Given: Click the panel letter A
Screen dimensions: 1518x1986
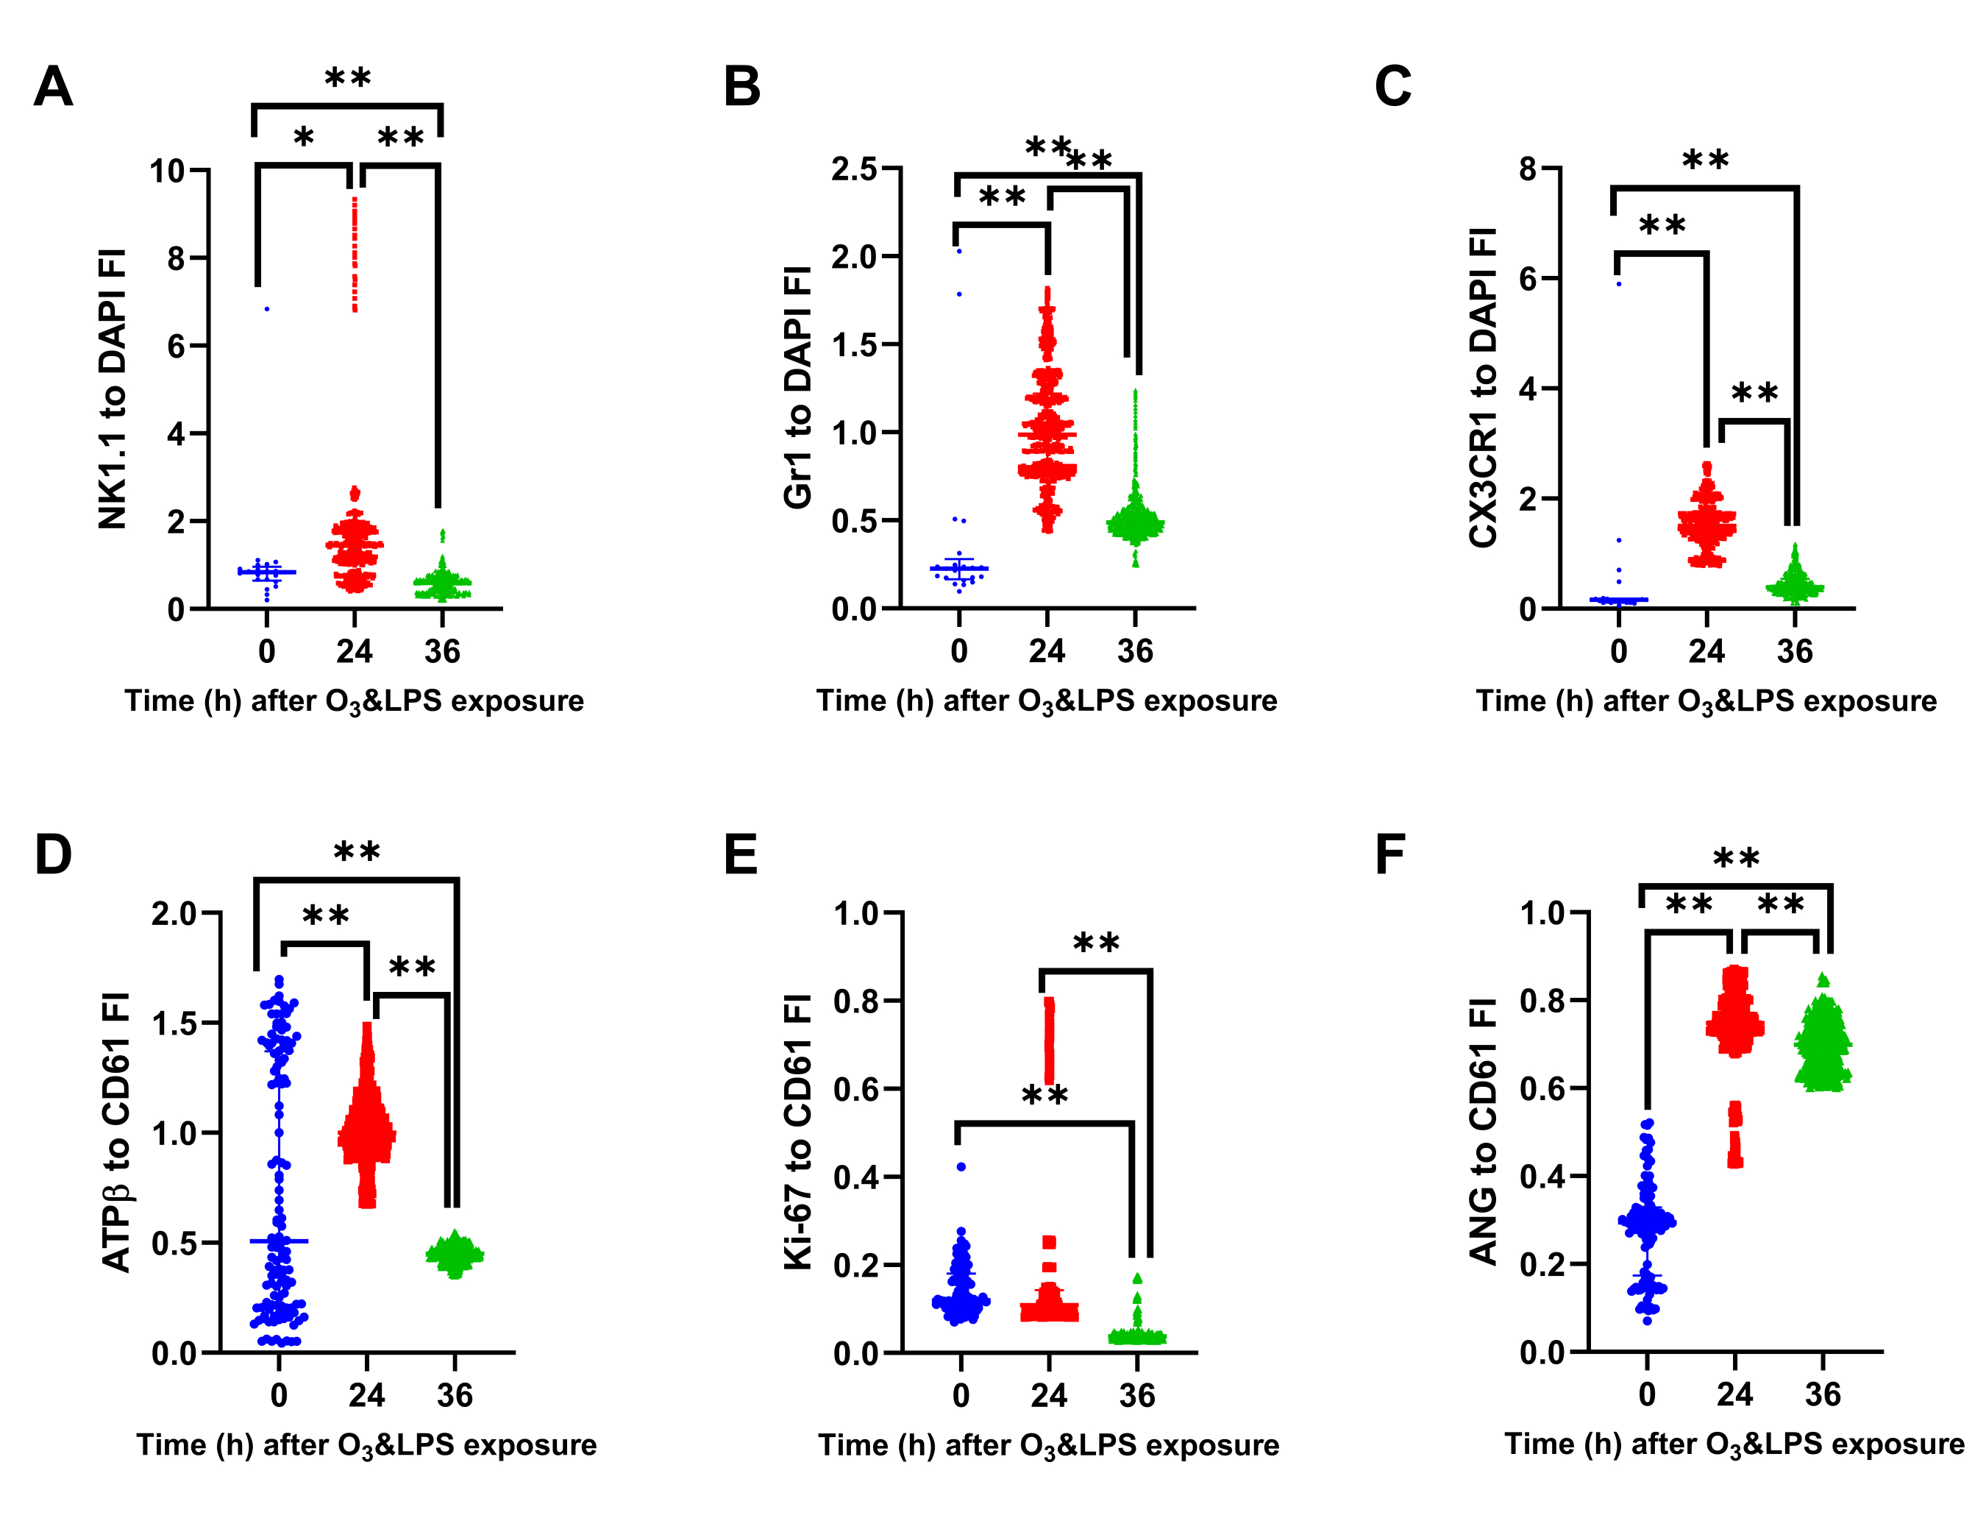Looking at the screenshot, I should pos(52,88).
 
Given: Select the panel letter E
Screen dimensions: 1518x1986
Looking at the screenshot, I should pos(741,855).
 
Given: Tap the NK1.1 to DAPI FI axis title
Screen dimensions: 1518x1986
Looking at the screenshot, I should pos(113,389).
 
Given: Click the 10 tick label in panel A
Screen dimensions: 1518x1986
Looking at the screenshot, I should pos(167,171).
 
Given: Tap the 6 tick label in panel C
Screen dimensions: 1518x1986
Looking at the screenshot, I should pos(1527,278).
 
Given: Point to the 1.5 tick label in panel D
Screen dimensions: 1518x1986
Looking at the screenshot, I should pos(174,1023).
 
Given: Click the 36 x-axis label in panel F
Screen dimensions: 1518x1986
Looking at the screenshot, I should pos(1823,1394).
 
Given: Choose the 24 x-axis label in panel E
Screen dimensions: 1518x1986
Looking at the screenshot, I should pos(1049,1395).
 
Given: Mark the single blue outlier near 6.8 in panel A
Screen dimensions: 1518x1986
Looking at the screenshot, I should pos(266,309).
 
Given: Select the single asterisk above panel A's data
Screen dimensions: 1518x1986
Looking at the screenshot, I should pos(304,138).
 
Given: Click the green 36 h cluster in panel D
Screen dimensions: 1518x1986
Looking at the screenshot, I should pos(455,1253).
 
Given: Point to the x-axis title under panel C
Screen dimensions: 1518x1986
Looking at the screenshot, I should pos(1706,701).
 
